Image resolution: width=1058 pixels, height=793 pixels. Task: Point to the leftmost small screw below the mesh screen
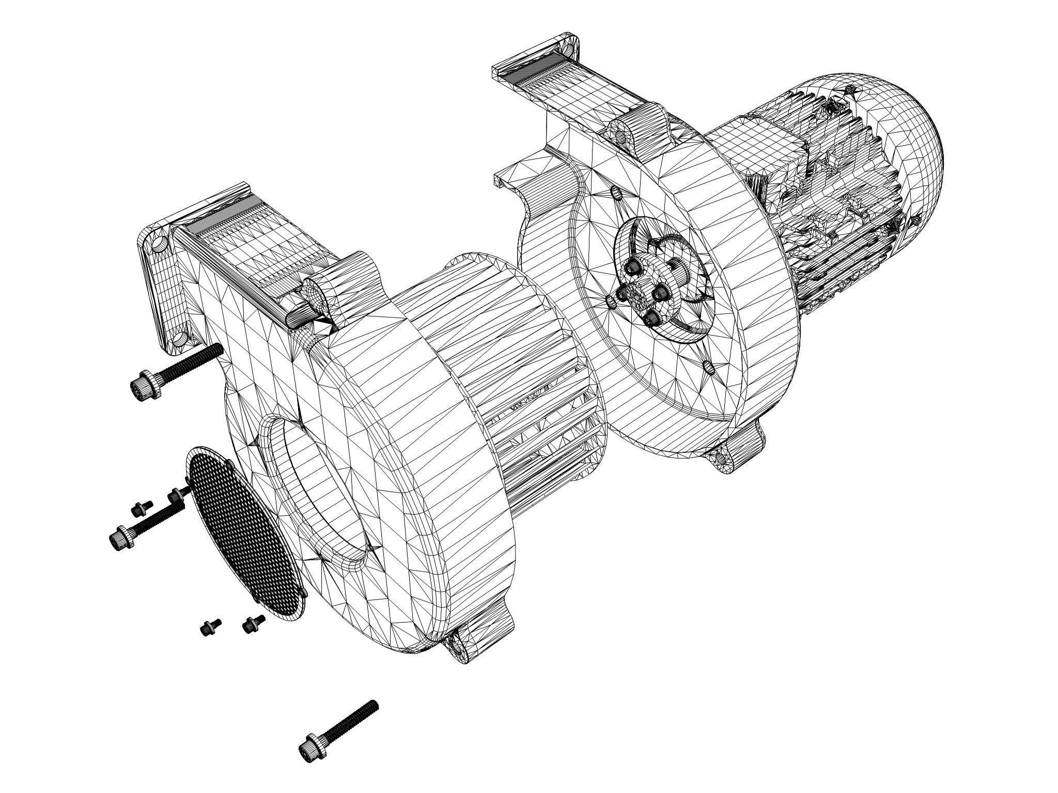click(x=210, y=627)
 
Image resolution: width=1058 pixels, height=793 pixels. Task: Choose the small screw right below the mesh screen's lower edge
click(x=253, y=623)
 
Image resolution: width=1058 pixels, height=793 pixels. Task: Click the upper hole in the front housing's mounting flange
click(x=160, y=243)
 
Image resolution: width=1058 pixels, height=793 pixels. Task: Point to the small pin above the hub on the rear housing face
click(x=615, y=193)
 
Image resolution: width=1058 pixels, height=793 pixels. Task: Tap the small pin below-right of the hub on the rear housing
click(x=709, y=367)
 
